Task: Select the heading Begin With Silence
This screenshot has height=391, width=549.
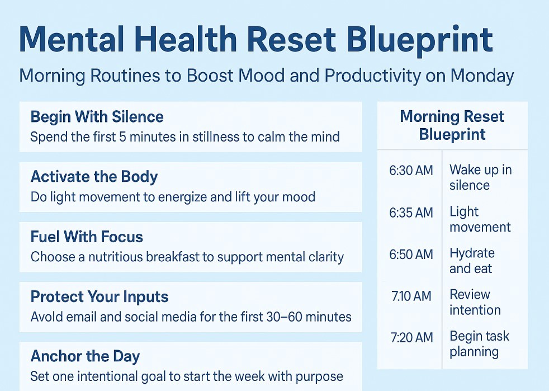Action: click(x=97, y=117)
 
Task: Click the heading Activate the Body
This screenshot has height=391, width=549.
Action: click(x=94, y=177)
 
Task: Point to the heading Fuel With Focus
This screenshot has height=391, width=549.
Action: click(x=87, y=237)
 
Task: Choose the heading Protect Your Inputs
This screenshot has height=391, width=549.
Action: click(x=100, y=296)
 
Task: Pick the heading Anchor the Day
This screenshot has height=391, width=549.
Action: click(x=85, y=356)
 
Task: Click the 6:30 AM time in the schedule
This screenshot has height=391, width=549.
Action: click(x=411, y=171)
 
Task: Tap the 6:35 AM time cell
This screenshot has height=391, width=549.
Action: click(x=411, y=213)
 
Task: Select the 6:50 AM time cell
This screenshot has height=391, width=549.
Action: click(x=411, y=255)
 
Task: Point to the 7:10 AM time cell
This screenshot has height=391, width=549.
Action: click(x=411, y=296)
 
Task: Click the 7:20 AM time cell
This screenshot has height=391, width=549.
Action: click(x=411, y=337)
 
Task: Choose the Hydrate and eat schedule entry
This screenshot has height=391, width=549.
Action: click(x=472, y=261)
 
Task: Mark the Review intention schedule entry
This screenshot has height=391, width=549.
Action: click(x=475, y=302)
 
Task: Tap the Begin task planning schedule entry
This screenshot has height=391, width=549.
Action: click(x=479, y=344)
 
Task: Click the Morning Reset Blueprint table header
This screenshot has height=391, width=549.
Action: click(x=452, y=125)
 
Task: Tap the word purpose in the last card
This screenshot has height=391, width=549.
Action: click(x=319, y=376)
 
